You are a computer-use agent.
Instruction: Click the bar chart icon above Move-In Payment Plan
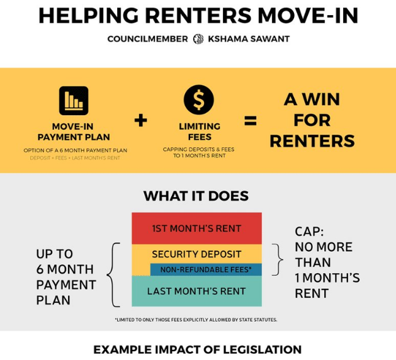coord(74,101)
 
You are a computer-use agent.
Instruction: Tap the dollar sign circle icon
coord(199,100)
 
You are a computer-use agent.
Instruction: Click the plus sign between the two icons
coord(141,120)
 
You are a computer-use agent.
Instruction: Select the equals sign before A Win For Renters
coord(251,121)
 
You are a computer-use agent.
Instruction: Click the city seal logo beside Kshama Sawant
coord(198,39)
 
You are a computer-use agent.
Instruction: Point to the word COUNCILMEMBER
coord(147,39)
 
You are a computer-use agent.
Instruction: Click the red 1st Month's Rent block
coord(196,228)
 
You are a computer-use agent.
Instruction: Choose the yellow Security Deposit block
coord(196,254)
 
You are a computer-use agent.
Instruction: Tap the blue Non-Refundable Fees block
coord(206,270)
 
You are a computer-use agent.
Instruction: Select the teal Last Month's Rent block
coord(196,291)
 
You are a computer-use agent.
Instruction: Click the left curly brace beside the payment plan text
coord(114,274)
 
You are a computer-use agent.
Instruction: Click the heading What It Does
coord(196,196)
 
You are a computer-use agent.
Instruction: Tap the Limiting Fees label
coord(199,132)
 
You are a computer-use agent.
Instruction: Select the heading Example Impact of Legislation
coord(197,350)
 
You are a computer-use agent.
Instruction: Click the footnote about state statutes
coord(196,320)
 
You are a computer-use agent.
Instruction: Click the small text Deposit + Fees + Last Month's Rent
coord(75,158)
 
